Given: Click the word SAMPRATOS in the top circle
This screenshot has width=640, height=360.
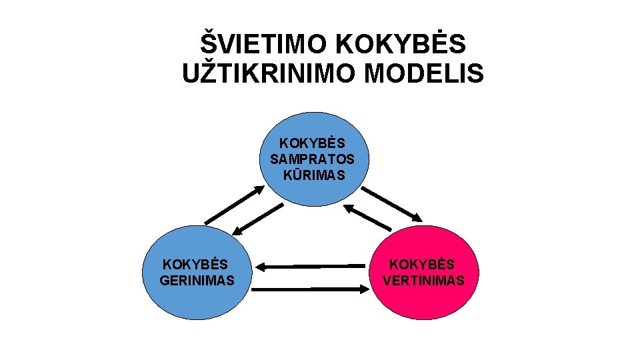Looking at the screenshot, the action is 312,159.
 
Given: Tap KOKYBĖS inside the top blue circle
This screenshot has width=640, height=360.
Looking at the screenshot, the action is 312,143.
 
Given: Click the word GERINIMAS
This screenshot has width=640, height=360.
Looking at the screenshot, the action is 197,281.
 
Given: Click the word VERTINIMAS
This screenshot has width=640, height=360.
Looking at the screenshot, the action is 423,281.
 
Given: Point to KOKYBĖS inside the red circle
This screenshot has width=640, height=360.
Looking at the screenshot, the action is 423,265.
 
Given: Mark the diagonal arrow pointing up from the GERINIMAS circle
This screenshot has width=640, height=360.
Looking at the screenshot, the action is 234,205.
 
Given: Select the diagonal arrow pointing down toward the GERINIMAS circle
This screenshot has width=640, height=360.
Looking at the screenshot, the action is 259,219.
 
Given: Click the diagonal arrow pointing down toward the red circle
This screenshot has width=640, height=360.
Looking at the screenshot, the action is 392,203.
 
